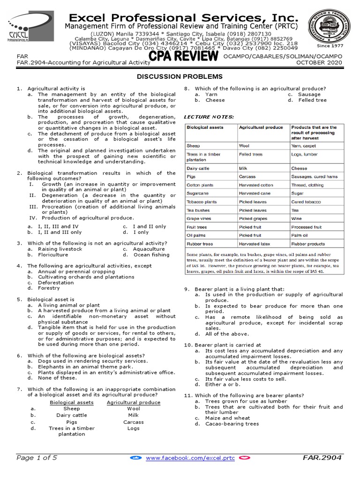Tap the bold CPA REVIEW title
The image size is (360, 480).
coord(183,57)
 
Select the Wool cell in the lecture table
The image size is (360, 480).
coord(244,146)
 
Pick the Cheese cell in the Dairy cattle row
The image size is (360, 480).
coord(299,168)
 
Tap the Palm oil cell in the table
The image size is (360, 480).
coord(300,235)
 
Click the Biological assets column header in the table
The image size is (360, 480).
coord(205,127)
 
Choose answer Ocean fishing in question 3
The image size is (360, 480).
coord(152,255)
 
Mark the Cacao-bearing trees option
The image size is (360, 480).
coord(232,424)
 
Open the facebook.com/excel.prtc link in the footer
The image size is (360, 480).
coord(185,457)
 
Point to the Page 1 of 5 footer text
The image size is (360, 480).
coord(37,457)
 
